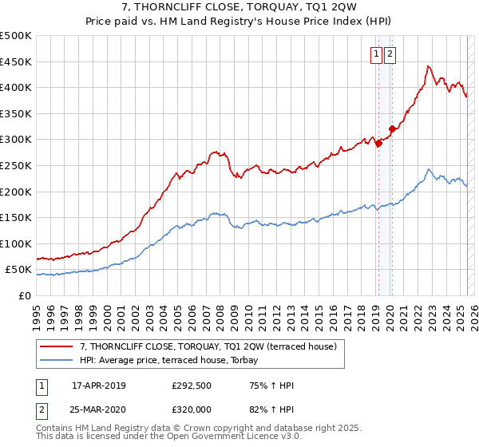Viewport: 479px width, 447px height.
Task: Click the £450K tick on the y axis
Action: [18, 61]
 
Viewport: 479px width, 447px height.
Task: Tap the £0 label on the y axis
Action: [26, 295]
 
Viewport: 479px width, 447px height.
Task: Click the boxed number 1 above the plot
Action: [376, 54]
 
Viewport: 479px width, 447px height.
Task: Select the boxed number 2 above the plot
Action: [390, 54]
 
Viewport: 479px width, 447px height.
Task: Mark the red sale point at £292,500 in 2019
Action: [378, 144]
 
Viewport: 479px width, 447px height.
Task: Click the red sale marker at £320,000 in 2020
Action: [392, 129]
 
